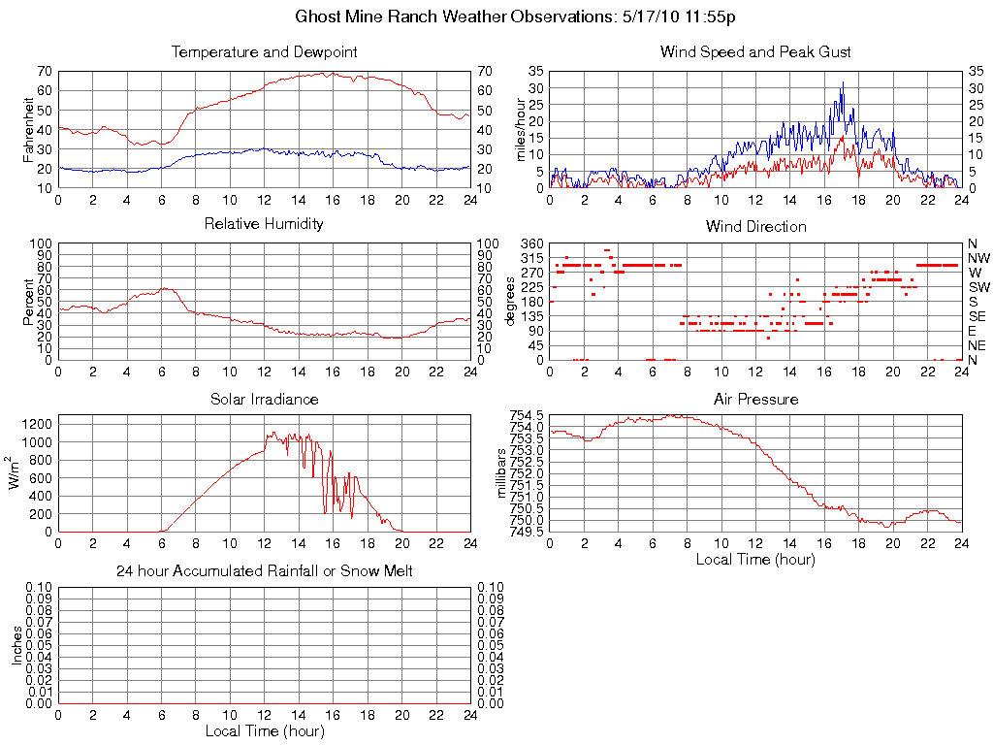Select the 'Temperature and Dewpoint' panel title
click(264, 51)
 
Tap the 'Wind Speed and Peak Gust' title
click(755, 51)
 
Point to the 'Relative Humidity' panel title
click(264, 224)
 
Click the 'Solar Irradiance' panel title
click(264, 399)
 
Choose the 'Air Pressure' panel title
click(755, 399)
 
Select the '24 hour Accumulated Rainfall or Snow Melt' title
click(264, 571)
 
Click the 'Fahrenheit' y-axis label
click(26, 129)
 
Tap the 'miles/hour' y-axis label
click(521, 129)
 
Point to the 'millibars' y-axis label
click(502, 472)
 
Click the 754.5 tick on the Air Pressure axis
click(527, 415)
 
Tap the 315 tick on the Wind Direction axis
click(532, 258)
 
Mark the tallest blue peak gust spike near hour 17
click(843, 83)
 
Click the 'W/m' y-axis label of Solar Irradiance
click(16, 472)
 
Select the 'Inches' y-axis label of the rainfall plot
click(16, 645)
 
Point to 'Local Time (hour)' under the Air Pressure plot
click(755, 560)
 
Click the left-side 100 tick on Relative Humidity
click(42, 243)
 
